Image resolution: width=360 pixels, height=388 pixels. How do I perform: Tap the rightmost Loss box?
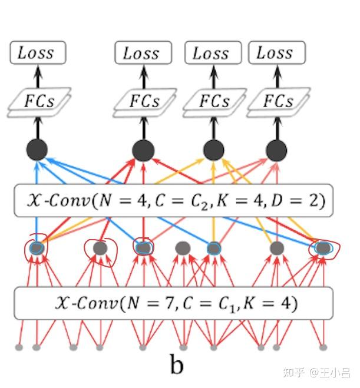click(275, 53)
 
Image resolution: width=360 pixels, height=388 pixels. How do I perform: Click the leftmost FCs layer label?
click(39, 101)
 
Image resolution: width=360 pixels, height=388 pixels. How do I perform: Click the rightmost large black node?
click(276, 150)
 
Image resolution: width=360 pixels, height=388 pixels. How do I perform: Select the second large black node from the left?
click(143, 151)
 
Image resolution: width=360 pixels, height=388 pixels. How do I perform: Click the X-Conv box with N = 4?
click(173, 201)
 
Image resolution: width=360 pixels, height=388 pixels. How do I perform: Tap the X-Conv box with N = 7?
click(173, 303)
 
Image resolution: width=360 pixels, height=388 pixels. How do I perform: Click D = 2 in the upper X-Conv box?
click(299, 201)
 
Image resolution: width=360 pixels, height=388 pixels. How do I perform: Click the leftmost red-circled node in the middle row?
click(37, 248)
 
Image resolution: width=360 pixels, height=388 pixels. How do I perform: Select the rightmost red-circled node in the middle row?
click(322, 248)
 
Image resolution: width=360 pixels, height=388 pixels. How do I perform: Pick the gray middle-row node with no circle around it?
click(183, 248)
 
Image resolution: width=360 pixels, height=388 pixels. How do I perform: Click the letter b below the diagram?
click(177, 365)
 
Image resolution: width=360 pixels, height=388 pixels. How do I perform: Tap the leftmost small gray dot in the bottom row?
click(19, 347)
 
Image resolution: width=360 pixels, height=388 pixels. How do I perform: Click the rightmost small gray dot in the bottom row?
click(323, 347)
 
